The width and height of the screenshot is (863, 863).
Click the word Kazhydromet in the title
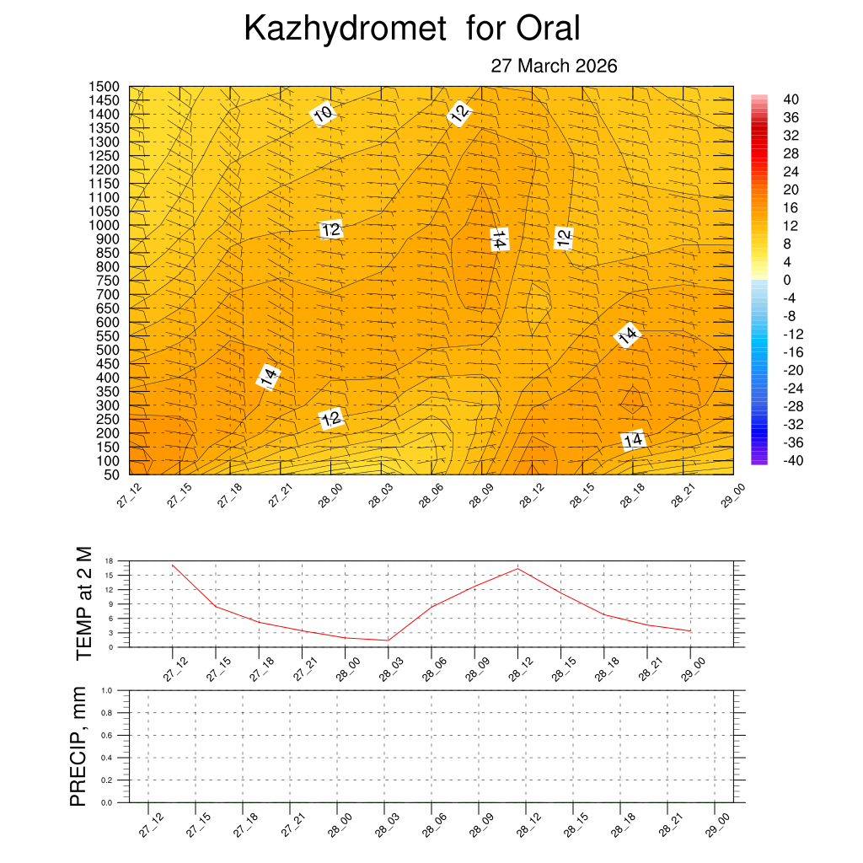click(x=344, y=29)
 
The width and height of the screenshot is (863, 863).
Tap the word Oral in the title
click(x=549, y=29)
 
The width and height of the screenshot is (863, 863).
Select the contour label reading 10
click(x=323, y=114)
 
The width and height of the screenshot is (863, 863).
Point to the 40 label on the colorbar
click(x=791, y=99)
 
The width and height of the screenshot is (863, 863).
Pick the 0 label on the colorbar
click(x=787, y=280)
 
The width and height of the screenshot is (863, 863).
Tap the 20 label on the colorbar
click(x=791, y=190)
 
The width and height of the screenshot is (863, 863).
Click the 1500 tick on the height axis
click(x=104, y=87)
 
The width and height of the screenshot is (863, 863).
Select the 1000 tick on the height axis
click(x=104, y=225)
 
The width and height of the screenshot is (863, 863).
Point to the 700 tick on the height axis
click(x=107, y=294)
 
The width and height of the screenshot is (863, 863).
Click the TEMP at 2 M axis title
click(x=83, y=603)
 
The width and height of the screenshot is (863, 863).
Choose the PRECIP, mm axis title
click(x=78, y=745)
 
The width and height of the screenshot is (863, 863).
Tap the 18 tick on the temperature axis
click(x=110, y=560)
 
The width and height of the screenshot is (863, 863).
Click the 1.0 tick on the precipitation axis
click(x=107, y=690)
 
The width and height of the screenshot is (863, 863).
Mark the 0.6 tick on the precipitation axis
click(x=107, y=735)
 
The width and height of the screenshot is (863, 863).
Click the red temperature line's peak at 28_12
click(x=517, y=568)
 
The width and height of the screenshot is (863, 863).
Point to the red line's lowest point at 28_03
click(x=388, y=641)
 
